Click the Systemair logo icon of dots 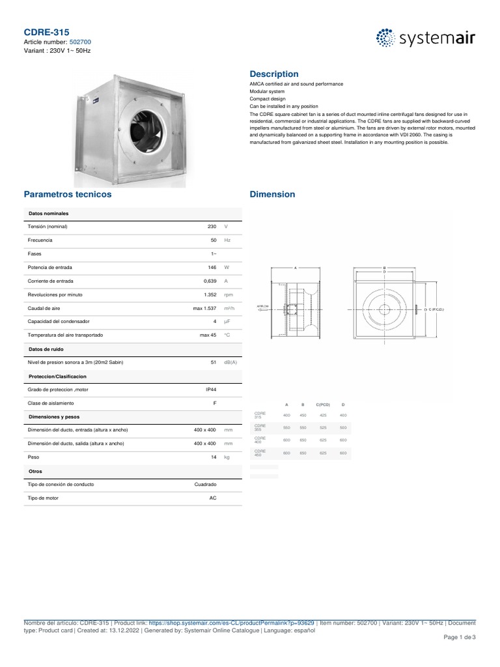(385, 38)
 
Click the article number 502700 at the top (80, 41)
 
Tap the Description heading (274, 74)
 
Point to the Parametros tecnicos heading (68, 194)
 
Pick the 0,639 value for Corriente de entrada (209, 281)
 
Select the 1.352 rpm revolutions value (209, 294)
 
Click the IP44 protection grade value (210, 390)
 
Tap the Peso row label (33, 457)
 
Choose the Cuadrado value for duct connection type (205, 485)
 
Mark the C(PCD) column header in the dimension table (323, 405)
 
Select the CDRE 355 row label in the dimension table (260, 428)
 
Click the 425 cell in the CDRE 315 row (323, 415)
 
